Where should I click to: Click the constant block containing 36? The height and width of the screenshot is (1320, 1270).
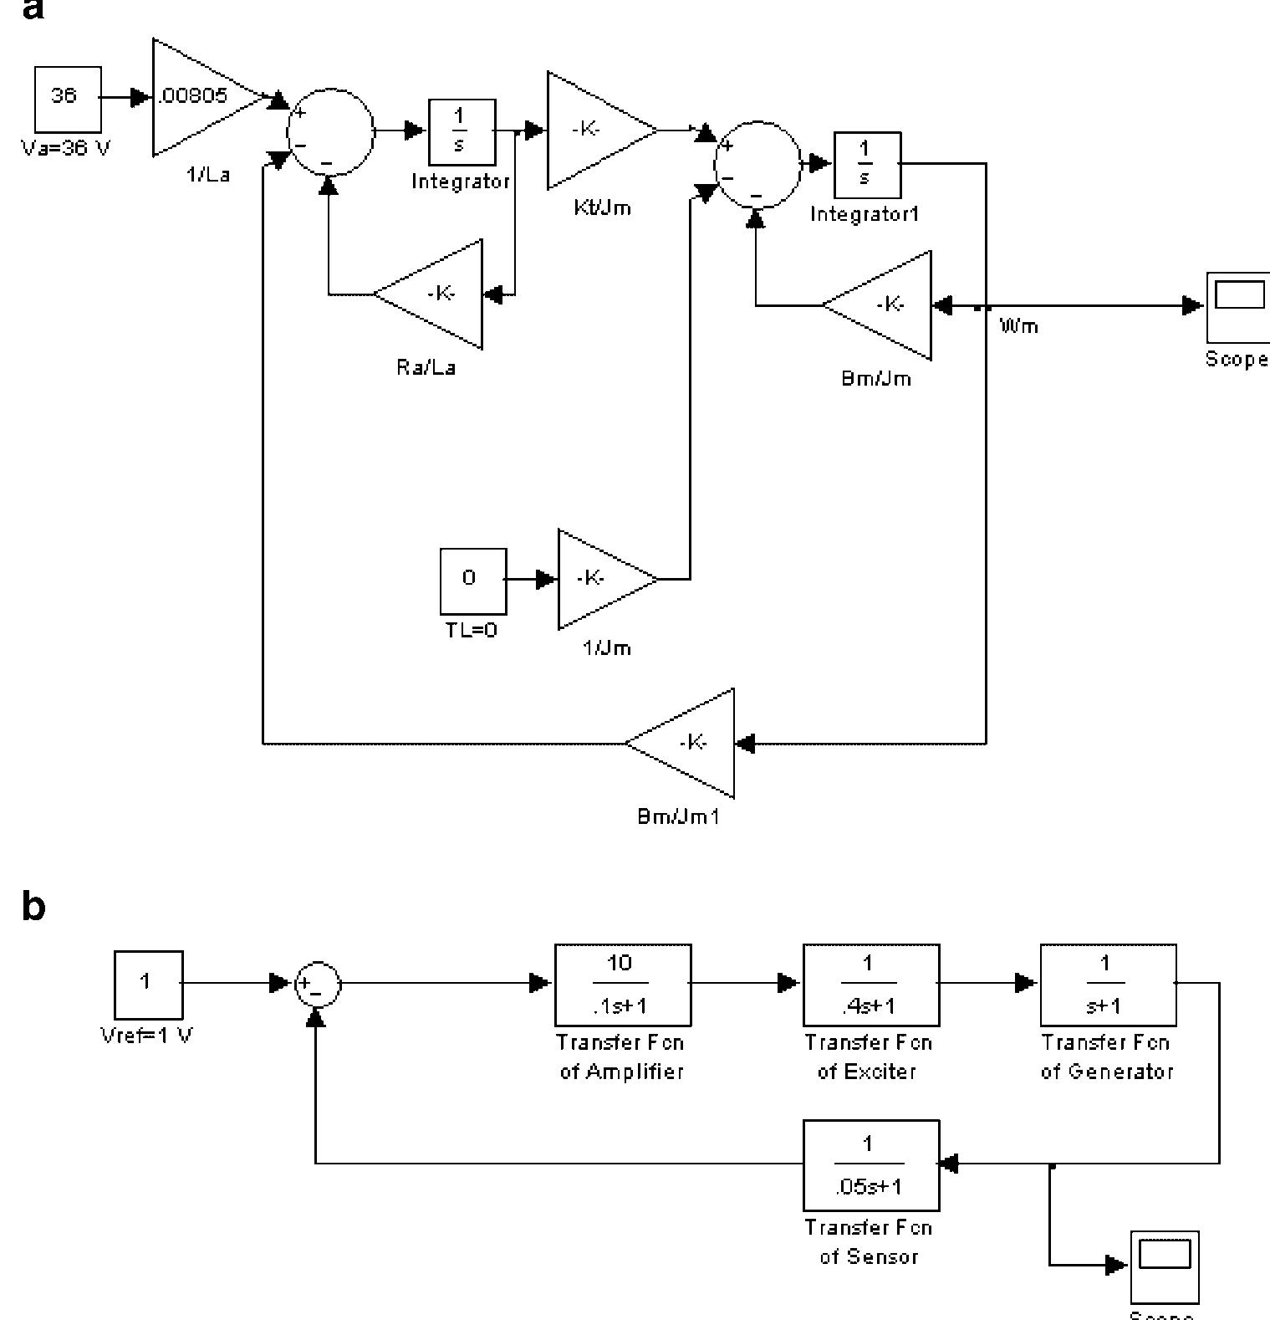tap(68, 99)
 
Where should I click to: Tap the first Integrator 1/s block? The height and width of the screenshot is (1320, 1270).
tap(462, 132)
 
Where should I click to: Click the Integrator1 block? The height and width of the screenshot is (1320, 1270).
tap(867, 164)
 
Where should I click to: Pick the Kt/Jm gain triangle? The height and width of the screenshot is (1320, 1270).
tap(594, 130)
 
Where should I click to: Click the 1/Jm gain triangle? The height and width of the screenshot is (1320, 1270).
tap(601, 578)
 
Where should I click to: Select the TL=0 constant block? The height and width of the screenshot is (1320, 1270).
tap(473, 581)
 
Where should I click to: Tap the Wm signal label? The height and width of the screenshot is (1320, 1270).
tap(1018, 326)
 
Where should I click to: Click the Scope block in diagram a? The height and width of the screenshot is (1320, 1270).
tap(1237, 305)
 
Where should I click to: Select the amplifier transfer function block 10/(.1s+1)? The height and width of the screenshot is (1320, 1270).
tap(623, 985)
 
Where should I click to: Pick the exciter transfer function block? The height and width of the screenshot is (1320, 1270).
tap(870, 985)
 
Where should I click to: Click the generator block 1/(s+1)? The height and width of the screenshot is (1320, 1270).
tap(1108, 985)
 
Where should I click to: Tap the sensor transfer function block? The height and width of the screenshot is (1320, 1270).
tap(870, 1164)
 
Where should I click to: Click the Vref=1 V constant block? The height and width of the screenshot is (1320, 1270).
tap(148, 985)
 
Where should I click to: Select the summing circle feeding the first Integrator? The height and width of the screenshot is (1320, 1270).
tap(330, 131)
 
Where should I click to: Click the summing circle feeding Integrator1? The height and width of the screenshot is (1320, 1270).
tap(758, 164)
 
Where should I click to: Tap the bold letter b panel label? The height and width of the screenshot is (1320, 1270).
tap(33, 908)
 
